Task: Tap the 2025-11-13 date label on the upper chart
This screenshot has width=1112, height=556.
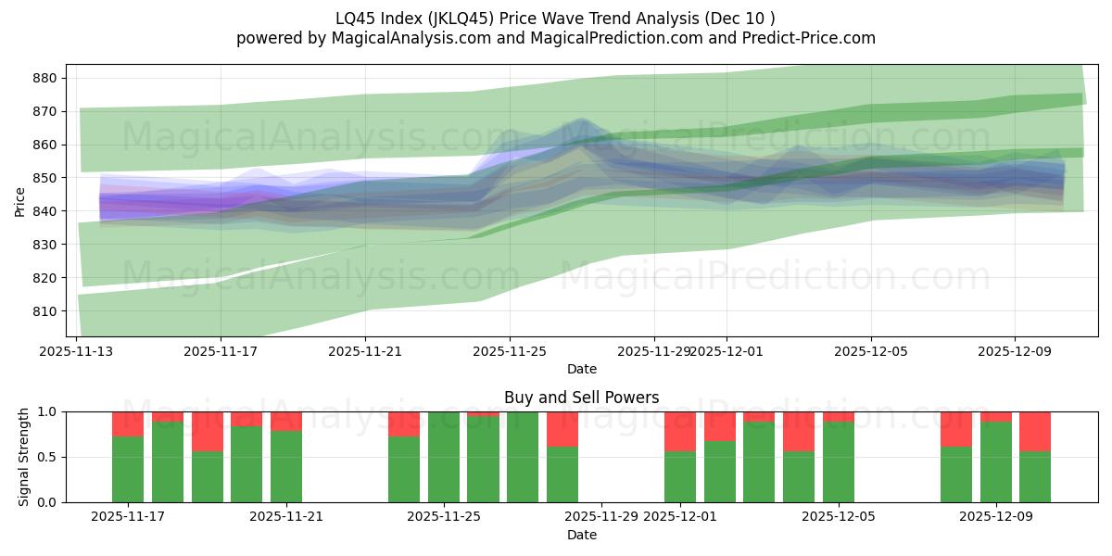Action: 76,351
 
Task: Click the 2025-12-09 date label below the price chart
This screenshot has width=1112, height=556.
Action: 1015,351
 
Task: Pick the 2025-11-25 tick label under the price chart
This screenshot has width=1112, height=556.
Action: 509,351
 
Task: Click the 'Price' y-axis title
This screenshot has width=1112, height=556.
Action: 20,201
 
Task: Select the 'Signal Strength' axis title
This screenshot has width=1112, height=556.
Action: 24,457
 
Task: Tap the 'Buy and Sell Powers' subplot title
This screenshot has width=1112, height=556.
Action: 581,398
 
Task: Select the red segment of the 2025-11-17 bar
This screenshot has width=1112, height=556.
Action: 128,423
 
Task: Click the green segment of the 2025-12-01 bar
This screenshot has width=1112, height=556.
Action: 680,477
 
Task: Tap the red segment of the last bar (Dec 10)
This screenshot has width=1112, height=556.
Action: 1035,431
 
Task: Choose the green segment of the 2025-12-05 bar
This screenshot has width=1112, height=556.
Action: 839,462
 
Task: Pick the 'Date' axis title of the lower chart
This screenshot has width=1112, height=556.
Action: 581,535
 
